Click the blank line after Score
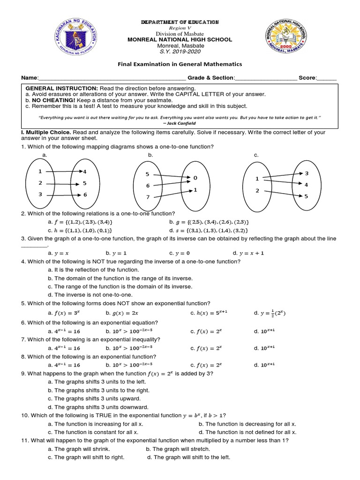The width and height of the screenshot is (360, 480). coord(327,78)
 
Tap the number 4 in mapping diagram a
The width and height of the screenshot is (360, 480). coord(85,172)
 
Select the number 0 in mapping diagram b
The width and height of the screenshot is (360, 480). coord(195,178)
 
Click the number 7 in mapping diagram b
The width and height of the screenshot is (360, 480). coord(147,197)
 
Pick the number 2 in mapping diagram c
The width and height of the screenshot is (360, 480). coord(257,190)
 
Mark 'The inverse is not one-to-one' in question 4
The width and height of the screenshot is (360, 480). coord(90,295)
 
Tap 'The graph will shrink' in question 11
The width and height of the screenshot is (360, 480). coord(78,449)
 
